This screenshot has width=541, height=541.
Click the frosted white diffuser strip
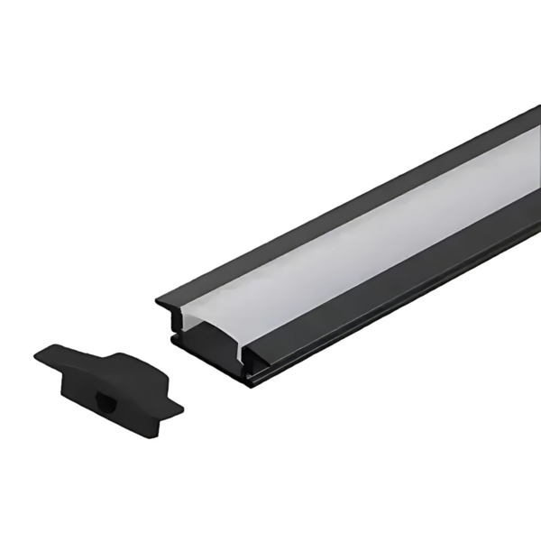(361, 243)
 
